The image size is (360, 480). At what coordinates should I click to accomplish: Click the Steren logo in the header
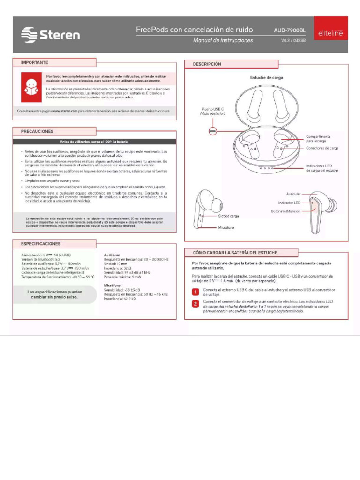(51, 35)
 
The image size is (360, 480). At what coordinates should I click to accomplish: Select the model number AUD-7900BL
(289, 30)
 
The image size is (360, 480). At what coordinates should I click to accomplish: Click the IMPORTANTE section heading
(34, 62)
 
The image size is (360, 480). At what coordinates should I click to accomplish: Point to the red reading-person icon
(30, 87)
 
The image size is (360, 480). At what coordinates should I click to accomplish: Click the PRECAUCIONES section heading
(37, 132)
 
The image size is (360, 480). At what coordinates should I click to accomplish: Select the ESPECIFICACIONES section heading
(41, 244)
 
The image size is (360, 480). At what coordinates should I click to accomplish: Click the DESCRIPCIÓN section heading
(207, 64)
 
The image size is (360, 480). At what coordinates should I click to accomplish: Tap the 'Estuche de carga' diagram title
(266, 77)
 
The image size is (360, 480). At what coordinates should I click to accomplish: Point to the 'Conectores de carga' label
(322, 148)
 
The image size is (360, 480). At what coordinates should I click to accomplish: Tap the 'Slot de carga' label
(228, 216)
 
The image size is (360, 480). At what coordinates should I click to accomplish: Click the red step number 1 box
(195, 292)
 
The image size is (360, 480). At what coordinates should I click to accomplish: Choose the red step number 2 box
(195, 304)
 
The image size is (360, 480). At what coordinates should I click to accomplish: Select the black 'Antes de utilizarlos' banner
(94, 141)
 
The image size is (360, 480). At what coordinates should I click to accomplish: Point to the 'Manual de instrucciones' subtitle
(223, 40)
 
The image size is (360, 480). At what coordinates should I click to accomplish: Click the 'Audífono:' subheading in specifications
(112, 254)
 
